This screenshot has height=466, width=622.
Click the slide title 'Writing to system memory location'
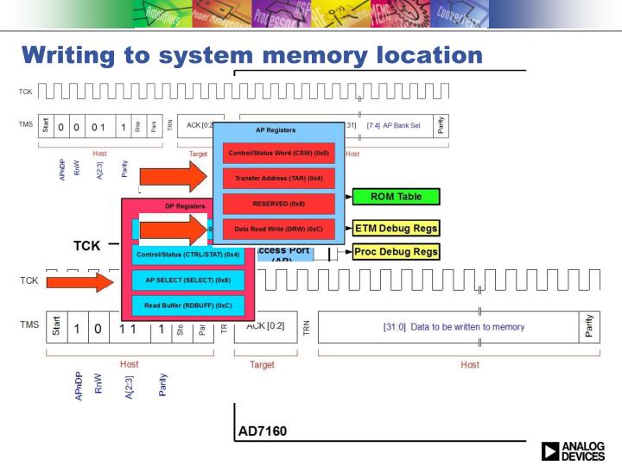click(x=251, y=55)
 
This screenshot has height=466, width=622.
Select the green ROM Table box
click(x=397, y=197)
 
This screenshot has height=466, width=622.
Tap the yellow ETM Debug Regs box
click(x=397, y=229)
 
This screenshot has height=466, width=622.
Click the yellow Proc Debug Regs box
click(x=397, y=252)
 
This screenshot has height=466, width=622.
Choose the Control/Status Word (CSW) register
click(x=278, y=154)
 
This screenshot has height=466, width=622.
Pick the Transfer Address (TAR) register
click(x=278, y=179)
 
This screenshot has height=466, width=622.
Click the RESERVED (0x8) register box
click(x=278, y=204)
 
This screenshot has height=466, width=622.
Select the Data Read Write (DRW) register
click(x=278, y=229)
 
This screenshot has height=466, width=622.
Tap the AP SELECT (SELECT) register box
click(x=187, y=280)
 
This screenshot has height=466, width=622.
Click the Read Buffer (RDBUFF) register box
click(x=187, y=305)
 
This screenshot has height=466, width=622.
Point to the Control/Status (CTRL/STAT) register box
click(x=187, y=255)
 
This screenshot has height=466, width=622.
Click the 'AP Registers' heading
click(x=276, y=130)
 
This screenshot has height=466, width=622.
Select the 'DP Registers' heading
click(x=185, y=207)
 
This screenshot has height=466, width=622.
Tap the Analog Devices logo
click(x=573, y=450)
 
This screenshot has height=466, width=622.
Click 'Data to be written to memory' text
click(x=454, y=327)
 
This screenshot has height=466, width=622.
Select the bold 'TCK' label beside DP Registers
click(x=86, y=246)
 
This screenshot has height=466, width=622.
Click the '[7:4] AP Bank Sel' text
click(x=394, y=126)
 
